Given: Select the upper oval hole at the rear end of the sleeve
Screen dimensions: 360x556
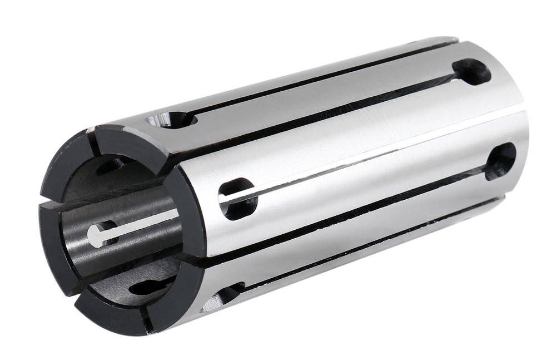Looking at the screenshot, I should click(x=471, y=72).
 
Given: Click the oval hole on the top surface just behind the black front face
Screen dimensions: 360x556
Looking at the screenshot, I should click(x=172, y=119).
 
